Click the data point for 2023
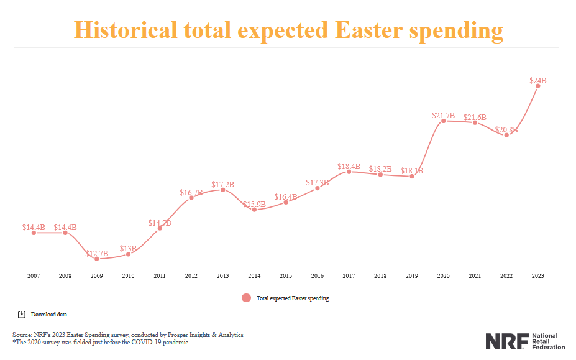click(x=537, y=86)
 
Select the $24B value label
click(x=538, y=80)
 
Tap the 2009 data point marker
click(x=97, y=259)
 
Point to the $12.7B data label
click(x=97, y=253)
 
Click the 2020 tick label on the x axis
click(x=443, y=275)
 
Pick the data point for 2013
click(x=223, y=190)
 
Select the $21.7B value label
click(x=444, y=116)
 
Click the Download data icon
click(x=21, y=314)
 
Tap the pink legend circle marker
click(x=246, y=298)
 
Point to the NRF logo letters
click(x=506, y=341)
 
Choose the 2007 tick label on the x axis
click(x=34, y=275)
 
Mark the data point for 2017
click(x=349, y=172)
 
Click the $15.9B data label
click(x=254, y=204)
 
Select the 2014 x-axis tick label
click(x=254, y=275)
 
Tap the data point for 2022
click(x=506, y=135)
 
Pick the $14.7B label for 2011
click(x=160, y=223)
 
